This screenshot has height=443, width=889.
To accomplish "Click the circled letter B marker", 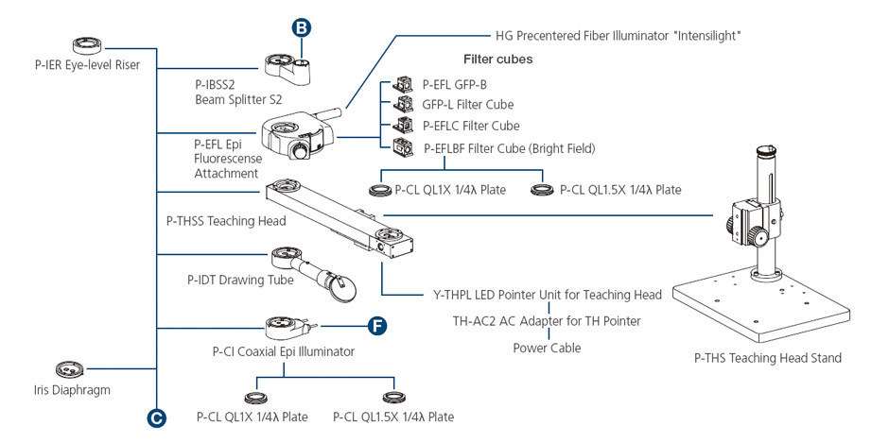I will [302, 29].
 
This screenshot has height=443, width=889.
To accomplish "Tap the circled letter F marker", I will [376, 327].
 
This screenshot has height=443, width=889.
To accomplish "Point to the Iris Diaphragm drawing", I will [70, 368].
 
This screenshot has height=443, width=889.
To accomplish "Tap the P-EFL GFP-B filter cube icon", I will [403, 84].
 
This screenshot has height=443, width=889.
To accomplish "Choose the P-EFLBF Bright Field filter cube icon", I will [403, 146].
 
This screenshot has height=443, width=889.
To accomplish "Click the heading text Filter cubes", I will [497, 59].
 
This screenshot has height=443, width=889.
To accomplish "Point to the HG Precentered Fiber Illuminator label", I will [617, 35].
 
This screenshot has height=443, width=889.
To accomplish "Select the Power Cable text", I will [547, 348].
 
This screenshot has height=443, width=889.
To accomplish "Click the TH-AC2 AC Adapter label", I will [547, 321].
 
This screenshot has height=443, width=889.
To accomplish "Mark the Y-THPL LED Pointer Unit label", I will [553, 295].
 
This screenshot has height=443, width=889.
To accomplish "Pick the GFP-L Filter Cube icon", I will [404, 104].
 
